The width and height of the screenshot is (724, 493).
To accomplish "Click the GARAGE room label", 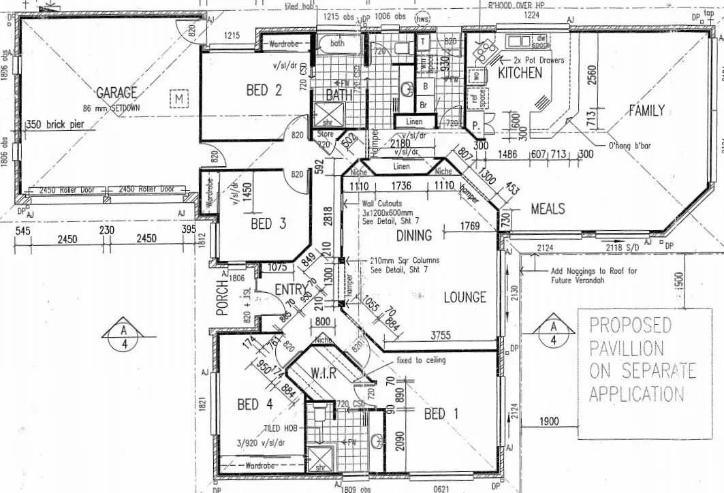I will [116, 93].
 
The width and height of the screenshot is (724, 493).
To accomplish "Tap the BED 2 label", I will [264, 90].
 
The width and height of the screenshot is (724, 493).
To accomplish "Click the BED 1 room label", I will [441, 413].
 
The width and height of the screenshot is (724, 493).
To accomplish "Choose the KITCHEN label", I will [520, 72].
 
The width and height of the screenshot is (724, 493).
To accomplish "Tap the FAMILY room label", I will [646, 110].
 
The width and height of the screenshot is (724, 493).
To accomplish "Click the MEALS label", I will [548, 208].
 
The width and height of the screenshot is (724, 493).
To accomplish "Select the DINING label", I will [414, 236].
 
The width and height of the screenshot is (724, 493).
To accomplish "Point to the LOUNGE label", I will [465, 297].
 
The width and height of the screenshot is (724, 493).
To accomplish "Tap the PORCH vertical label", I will [221, 298].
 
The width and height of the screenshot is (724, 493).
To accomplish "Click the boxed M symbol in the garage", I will [178, 98].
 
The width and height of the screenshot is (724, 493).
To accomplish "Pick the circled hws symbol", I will [424, 18].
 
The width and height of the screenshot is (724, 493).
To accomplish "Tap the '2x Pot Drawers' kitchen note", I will [539, 61].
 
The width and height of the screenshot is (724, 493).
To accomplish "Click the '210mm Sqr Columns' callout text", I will [404, 260].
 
